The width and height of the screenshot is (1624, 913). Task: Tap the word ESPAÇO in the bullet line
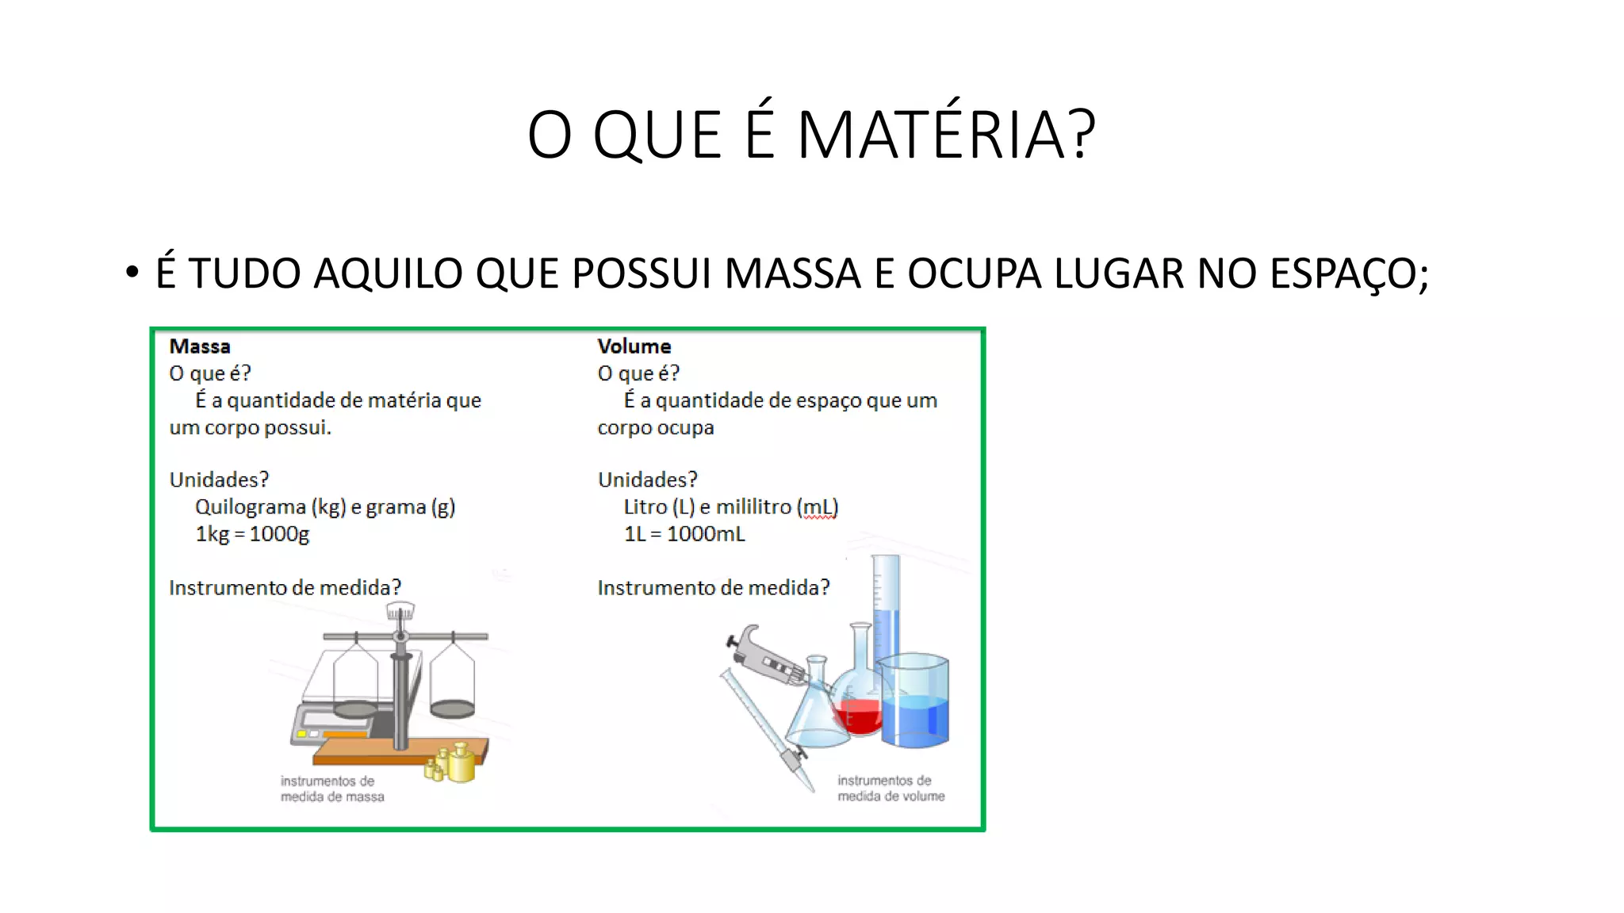pyautogui.click(x=1342, y=273)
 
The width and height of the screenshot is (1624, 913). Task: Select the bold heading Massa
pyautogui.click(x=200, y=346)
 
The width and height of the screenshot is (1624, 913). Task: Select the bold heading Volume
pyautogui.click(x=634, y=346)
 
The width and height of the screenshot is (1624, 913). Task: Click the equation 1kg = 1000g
pyautogui.click(x=252, y=534)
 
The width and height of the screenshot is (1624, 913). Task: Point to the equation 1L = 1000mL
pyautogui.click(x=684, y=534)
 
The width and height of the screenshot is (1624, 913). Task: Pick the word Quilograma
pyautogui.click(x=250, y=507)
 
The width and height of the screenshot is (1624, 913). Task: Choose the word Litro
pyautogui.click(x=645, y=507)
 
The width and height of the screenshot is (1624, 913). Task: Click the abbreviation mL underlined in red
pyautogui.click(x=819, y=507)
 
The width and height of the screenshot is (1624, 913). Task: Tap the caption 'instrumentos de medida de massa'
pyautogui.click(x=331, y=789)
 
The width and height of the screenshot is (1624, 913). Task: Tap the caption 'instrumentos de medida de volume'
pyautogui.click(x=891, y=788)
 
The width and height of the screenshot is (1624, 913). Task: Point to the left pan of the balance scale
pyautogui.click(x=355, y=708)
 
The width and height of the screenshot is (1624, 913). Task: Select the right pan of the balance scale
pyautogui.click(x=452, y=707)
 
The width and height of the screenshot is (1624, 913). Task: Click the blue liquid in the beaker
pyautogui.click(x=916, y=717)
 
